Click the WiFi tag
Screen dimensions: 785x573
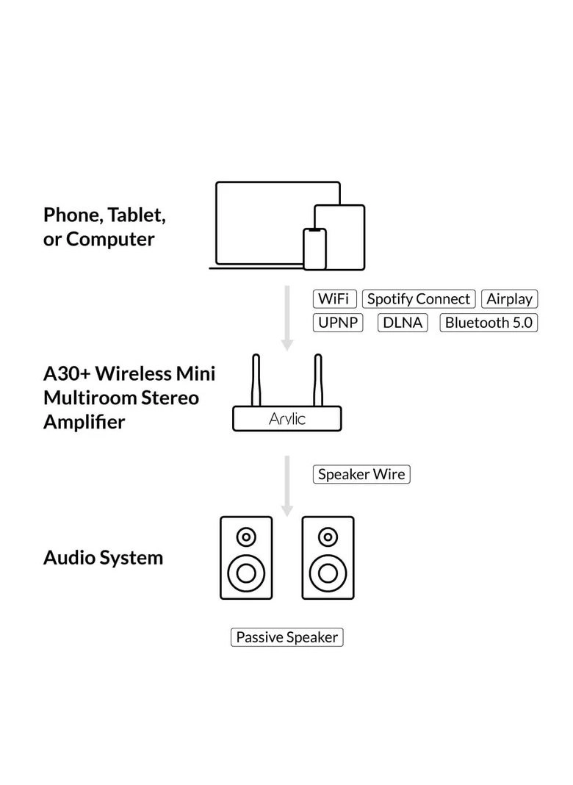335,299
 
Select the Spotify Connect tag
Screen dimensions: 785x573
418,299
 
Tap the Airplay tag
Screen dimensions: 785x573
509,299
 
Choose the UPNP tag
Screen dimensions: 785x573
338,323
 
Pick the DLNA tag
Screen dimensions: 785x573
403,323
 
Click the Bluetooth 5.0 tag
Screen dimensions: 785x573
489,323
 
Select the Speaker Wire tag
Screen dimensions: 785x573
361,474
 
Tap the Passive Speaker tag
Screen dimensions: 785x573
287,637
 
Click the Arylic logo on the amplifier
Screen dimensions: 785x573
287,420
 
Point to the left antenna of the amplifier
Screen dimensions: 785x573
256,381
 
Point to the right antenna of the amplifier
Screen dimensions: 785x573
318,381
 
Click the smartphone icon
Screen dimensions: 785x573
315,249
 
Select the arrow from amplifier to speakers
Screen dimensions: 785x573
287,485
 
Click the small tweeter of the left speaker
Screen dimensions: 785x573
246,537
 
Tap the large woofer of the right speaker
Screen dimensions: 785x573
328,571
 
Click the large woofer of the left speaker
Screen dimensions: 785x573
246,571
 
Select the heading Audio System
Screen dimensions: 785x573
103,558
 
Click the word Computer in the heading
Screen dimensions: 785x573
110,240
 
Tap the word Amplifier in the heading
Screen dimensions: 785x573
84,423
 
